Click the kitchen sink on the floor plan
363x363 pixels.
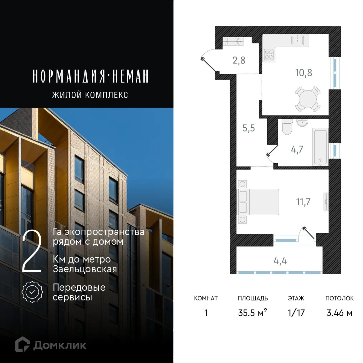(x=298, y=40)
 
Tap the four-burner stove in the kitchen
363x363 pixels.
(x=269, y=55)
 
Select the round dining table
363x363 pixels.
(x=308, y=99)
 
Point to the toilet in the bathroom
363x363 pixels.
(x=287, y=127)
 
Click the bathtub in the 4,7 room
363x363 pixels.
(x=320, y=147)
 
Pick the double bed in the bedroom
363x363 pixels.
(x=258, y=202)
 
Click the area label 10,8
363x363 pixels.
(x=304, y=73)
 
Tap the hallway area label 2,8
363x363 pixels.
(x=239, y=60)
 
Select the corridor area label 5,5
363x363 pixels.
(x=248, y=128)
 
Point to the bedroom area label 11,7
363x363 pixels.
(x=303, y=202)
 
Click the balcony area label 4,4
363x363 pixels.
(x=280, y=261)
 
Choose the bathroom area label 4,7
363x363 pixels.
(x=297, y=150)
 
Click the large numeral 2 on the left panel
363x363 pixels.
(x=32, y=251)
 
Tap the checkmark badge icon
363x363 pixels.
(x=32, y=292)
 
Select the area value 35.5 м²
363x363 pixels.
(x=253, y=313)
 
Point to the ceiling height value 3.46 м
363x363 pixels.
(x=339, y=313)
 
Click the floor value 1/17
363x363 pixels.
(x=296, y=313)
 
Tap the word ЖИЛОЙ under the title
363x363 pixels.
(x=67, y=95)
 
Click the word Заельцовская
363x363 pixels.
(x=85, y=269)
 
